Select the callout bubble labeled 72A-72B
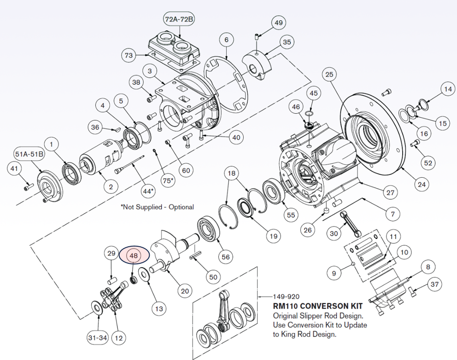[x=179, y=19]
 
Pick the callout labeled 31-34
[x=98, y=338]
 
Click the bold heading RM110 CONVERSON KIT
[x=317, y=306]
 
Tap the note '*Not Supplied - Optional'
[x=157, y=207]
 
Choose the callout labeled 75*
[x=170, y=181]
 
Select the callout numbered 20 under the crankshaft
[x=185, y=291]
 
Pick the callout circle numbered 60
[x=186, y=170]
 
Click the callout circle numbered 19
[x=274, y=237]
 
